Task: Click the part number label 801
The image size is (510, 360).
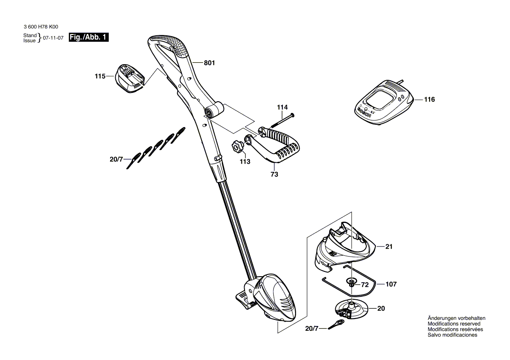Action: click(x=210, y=63)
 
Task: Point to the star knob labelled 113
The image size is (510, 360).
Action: click(x=238, y=147)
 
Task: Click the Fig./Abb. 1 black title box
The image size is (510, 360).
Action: click(x=89, y=38)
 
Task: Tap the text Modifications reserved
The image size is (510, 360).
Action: click(x=454, y=324)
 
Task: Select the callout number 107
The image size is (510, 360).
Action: click(x=391, y=285)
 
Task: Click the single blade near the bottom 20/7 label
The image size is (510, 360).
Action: click(x=336, y=324)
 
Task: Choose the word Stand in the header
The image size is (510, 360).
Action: click(x=30, y=35)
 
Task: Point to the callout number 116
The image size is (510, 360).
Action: click(x=429, y=99)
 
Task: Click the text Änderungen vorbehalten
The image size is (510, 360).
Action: click(x=456, y=319)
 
